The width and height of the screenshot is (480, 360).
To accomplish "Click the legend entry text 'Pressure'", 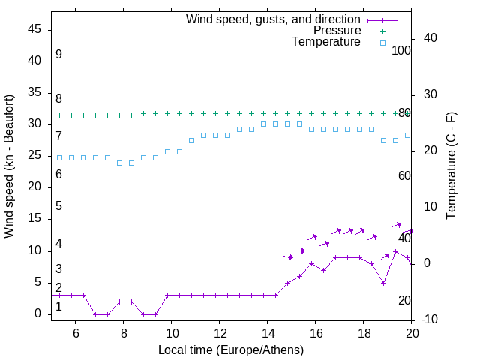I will pyautogui.click(x=337, y=31).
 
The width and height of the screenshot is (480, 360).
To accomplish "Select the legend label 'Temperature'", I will pyautogui.click(x=326, y=42).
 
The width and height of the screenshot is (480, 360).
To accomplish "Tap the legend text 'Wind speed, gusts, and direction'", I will pyautogui.click(x=274, y=19).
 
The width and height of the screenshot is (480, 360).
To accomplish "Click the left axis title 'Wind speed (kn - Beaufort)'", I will pyautogui.click(x=9, y=166).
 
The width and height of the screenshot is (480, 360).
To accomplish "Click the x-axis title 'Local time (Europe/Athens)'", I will pyautogui.click(x=231, y=349).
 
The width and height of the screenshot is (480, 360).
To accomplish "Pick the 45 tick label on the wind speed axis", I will pyautogui.click(x=34, y=29).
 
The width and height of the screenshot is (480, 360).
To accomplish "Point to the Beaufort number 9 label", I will pyautogui.click(x=58, y=55).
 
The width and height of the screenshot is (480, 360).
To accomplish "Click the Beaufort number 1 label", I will pyautogui.click(x=58, y=306).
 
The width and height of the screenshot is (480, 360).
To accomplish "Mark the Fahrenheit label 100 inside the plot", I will pyautogui.click(x=402, y=50).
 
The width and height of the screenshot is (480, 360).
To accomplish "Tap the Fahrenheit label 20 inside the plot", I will pyautogui.click(x=404, y=301).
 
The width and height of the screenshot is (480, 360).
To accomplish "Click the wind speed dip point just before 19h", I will pyautogui.click(x=383, y=283).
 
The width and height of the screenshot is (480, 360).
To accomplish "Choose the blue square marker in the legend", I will pyautogui.click(x=382, y=43).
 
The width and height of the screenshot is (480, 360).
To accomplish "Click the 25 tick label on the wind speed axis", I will pyautogui.click(x=34, y=155).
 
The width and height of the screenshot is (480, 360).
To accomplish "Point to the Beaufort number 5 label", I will pyautogui.click(x=58, y=206).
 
